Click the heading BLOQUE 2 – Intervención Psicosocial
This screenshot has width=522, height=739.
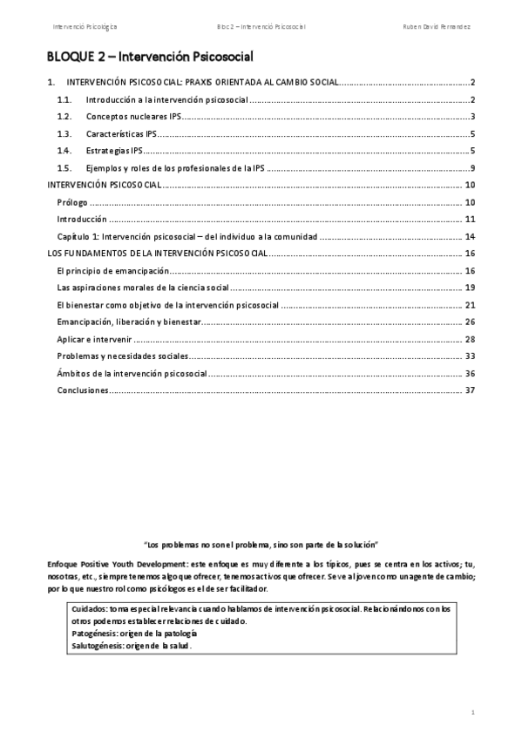[x=150, y=58]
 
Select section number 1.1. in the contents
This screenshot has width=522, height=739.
[x=63, y=100]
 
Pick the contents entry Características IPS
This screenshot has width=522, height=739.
[x=121, y=134]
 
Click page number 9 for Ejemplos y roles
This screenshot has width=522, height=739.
[x=471, y=168]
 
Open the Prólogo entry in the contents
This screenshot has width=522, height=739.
[x=71, y=202]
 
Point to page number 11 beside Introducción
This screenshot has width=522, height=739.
[x=470, y=219]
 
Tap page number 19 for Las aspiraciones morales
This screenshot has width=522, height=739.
[x=470, y=288]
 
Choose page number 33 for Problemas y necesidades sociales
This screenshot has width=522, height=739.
[x=470, y=356]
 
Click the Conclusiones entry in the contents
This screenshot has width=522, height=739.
[x=83, y=390]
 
